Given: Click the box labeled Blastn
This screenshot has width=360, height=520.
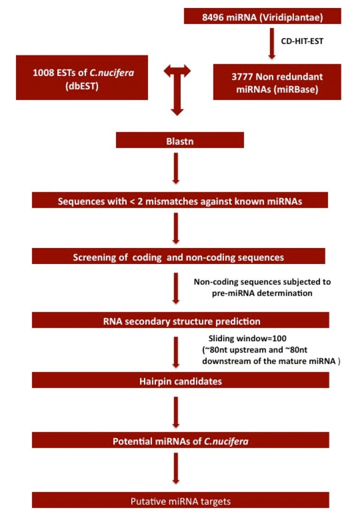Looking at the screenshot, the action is pyautogui.click(x=180, y=140).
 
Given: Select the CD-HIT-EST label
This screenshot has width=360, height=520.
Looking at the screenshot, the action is pyautogui.click(x=302, y=41).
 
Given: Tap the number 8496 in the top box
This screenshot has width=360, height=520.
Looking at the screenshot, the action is pyautogui.click(x=213, y=17).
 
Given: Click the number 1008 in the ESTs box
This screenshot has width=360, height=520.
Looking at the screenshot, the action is pyautogui.click(x=44, y=73).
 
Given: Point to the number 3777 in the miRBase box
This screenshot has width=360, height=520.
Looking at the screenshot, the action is pyautogui.click(x=242, y=76).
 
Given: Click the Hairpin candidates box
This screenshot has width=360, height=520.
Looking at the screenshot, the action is pyautogui.click(x=180, y=380).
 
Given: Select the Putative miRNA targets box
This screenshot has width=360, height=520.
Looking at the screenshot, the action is pyautogui.click(x=180, y=500).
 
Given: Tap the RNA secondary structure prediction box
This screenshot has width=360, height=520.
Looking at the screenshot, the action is pyautogui.click(x=180, y=320).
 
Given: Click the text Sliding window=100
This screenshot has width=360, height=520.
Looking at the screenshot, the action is pyautogui.click(x=247, y=339).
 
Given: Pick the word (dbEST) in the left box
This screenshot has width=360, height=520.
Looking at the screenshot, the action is pyautogui.click(x=82, y=86).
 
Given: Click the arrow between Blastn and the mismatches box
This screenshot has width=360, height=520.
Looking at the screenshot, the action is pyautogui.click(x=176, y=168).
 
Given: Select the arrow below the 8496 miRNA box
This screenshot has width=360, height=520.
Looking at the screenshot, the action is pyautogui.click(x=272, y=44).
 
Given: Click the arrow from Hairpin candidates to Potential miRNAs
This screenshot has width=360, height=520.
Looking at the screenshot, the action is pyautogui.click(x=176, y=412).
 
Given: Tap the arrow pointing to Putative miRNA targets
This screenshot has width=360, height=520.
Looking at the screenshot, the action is pyautogui.click(x=176, y=468).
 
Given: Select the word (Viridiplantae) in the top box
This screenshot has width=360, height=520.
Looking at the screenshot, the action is pyautogui.click(x=292, y=17).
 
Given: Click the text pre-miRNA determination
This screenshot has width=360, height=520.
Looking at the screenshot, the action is pyautogui.click(x=262, y=293).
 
